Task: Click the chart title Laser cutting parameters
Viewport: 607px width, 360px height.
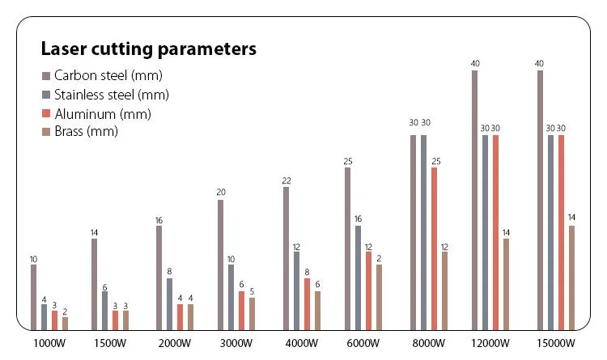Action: click(x=148, y=49)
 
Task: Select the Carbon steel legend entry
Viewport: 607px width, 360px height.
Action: click(x=108, y=75)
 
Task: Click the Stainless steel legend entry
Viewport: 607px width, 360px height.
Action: click(x=111, y=95)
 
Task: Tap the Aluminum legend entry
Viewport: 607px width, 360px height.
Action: click(x=102, y=114)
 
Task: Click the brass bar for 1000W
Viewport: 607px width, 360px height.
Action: click(x=65, y=324)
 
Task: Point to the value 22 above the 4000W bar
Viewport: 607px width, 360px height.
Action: click(x=286, y=180)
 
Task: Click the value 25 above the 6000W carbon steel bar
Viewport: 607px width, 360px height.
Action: click(x=347, y=161)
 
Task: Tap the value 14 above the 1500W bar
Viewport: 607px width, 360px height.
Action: click(x=94, y=232)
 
